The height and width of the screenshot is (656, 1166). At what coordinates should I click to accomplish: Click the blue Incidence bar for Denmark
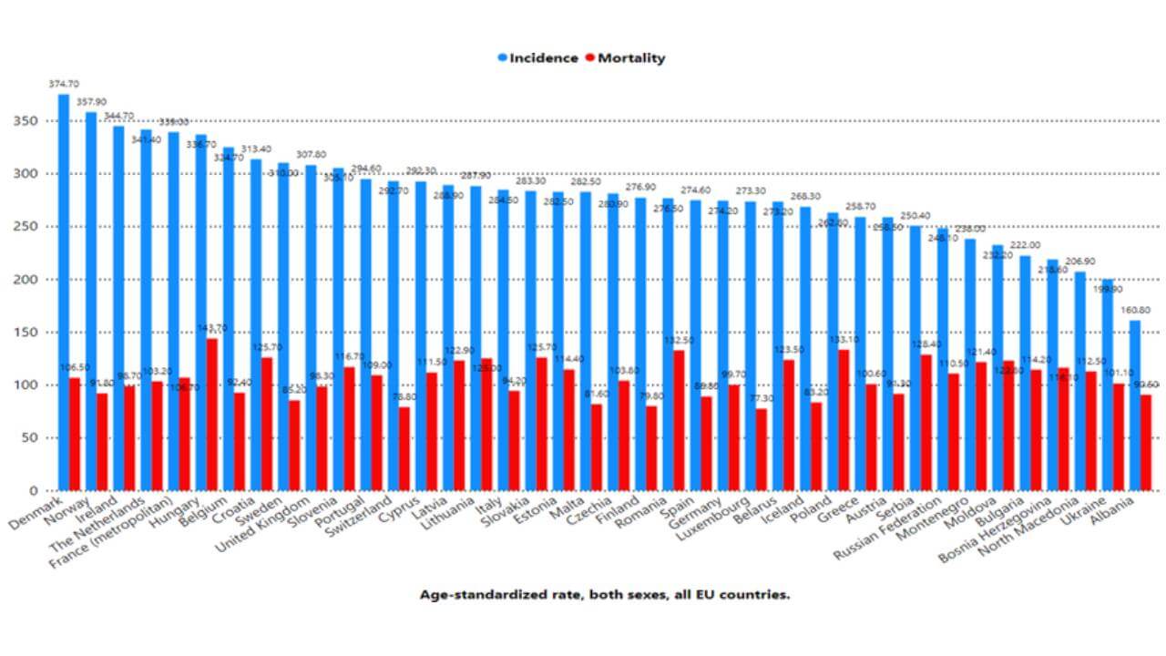tap(64, 292)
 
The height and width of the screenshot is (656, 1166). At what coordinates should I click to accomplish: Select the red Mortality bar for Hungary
tap(212, 415)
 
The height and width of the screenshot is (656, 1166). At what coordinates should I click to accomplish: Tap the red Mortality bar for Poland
tap(844, 420)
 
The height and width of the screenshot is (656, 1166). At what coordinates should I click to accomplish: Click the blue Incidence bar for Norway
tap(91, 301)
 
